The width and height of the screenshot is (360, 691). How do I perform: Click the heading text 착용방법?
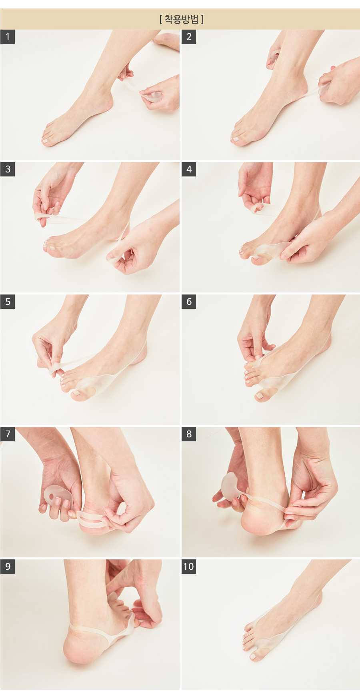pos(182,19)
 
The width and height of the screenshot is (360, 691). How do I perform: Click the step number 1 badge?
pos(8,37)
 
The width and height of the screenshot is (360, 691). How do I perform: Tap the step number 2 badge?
pos(189,37)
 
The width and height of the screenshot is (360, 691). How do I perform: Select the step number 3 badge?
pos(8,169)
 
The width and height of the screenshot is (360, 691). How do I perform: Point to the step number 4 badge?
pos(189,169)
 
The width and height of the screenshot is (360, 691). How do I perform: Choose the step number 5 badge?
pos(8,302)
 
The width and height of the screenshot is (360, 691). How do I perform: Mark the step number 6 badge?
pos(189,302)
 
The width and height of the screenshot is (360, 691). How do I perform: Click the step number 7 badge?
pos(8,434)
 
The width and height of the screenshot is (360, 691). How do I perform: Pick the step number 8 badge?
pos(189,434)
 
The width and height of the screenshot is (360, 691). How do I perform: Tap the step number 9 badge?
pos(8,567)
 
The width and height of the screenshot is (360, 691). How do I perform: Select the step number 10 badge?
pos(189,567)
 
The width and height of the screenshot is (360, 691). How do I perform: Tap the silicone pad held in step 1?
pos(151,96)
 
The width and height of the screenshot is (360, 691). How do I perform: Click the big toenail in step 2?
pos(236,139)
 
